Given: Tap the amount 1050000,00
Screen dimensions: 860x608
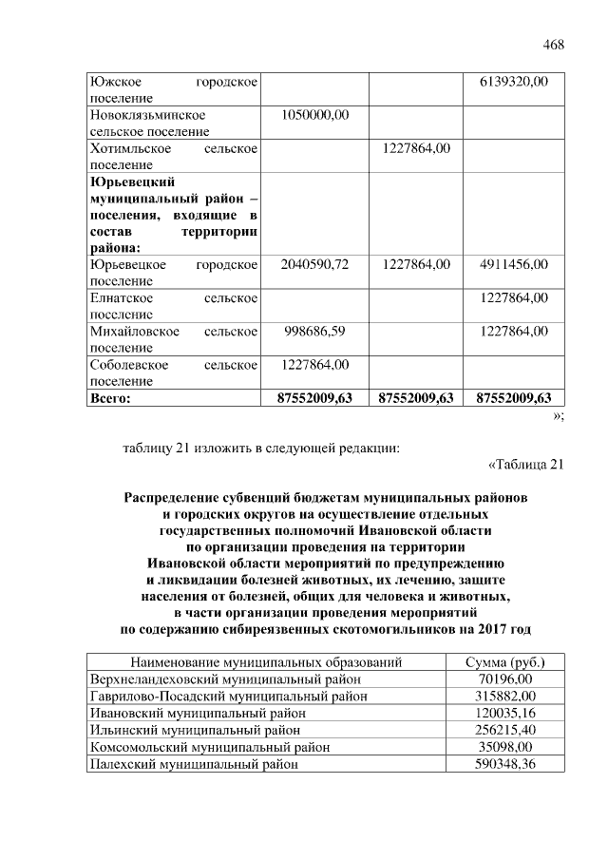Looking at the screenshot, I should (x=316, y=115).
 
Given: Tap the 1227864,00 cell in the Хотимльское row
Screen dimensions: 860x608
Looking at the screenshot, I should (x=416, y=148).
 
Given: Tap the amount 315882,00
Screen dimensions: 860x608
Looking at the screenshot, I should (x=505, y=696).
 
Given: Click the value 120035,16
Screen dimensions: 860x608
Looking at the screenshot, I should (x=505, y=713).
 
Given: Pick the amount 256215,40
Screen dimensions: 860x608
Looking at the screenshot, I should (x=505, y=730).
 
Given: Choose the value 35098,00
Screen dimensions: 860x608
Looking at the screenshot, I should (x=505, y=747).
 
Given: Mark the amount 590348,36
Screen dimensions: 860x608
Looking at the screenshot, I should (x=505, y=764).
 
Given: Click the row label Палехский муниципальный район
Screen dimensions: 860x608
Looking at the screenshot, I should (x=195, y=764).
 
